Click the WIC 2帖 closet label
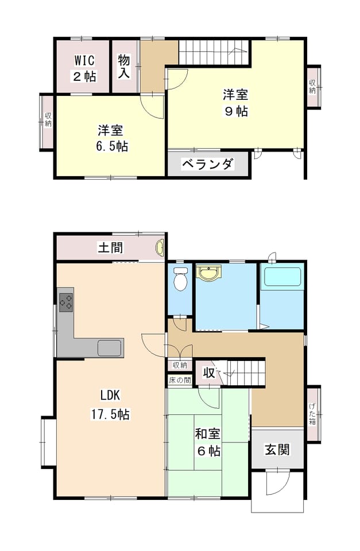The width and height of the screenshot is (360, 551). click(85, 68)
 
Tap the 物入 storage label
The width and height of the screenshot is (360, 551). click(124, 67)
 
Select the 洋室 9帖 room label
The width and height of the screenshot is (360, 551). click(235, 103)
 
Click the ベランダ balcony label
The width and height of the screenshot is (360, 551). click(207, 164)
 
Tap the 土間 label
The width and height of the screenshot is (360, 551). click(110, 247)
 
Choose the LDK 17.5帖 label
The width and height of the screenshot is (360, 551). click(110, 405)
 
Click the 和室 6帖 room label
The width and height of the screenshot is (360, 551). click(208, 442)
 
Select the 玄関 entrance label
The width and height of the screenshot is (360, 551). click(277, 449)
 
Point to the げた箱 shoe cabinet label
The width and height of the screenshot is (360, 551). click(312, 414)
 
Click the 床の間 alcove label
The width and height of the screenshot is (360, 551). click(180, 380)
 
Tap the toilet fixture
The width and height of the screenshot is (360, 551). click(180, 279)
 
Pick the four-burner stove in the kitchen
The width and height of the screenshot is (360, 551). click(66, 302)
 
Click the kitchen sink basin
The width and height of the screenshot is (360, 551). click(109, 348)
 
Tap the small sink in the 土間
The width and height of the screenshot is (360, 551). click(160, 247)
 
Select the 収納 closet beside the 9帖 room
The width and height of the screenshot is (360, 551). click(312, 87)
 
